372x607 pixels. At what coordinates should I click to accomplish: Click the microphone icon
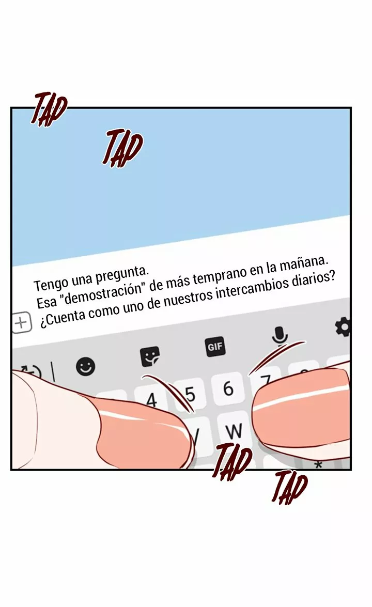coord(280,336)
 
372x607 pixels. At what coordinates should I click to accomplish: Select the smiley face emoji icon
coord(86,366)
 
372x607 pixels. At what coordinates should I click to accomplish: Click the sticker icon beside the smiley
coord(150,356)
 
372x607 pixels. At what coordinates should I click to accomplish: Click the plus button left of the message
coord(21,323)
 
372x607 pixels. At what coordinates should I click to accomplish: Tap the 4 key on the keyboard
coord(151,400)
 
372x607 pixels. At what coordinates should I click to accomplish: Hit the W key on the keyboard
coord(234,430)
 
